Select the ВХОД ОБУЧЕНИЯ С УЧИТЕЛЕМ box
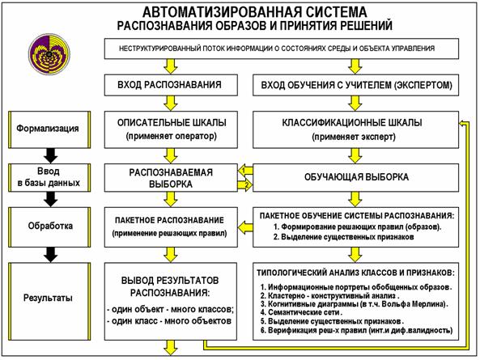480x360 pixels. click(355, 85)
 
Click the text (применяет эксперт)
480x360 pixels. click(355, 138)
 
